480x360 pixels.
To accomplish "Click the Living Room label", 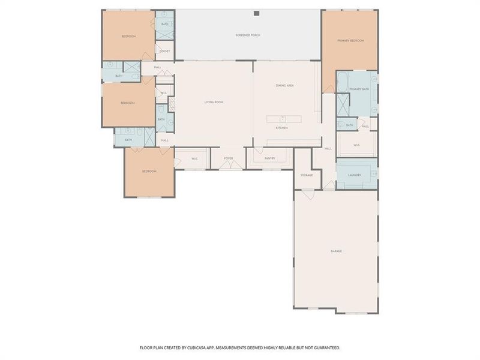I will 214,103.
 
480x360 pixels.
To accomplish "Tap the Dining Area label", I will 284,86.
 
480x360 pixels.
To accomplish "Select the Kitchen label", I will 281,128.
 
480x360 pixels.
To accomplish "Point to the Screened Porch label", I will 248,35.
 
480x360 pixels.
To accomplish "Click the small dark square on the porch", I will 256,13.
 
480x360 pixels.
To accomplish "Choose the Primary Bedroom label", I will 350,40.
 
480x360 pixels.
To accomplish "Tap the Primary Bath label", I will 359,89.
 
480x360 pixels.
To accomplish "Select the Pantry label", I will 270,158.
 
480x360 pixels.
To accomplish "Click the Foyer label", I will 228,158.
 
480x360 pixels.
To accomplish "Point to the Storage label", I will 306,175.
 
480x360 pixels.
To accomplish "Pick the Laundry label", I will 354,175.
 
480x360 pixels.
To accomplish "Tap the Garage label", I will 336,251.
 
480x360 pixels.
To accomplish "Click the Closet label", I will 164,51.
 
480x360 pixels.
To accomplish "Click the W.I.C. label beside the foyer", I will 194,158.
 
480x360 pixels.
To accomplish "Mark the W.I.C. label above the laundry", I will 356,145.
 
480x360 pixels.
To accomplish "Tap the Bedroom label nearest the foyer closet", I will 149,172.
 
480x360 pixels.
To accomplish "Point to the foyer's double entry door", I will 228,168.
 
